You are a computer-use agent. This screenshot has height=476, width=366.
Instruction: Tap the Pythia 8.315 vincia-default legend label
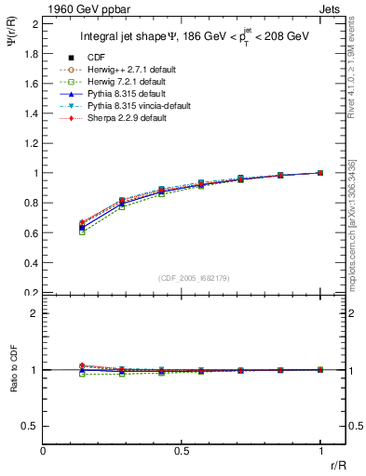tap(131, 106)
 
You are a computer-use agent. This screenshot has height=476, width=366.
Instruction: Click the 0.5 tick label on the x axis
tap(182, 451)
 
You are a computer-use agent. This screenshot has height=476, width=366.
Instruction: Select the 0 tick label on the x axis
tap(43, 451)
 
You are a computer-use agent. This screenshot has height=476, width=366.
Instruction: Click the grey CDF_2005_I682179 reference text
tap(194, 277)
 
